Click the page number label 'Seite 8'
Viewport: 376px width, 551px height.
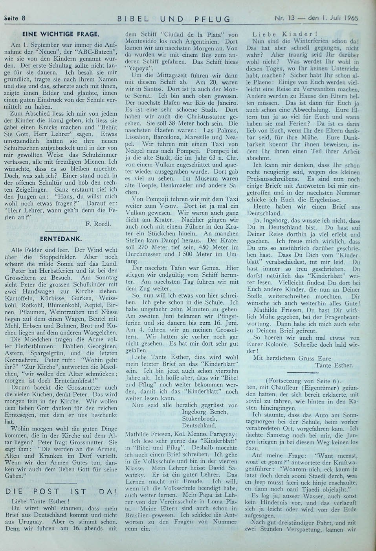pos(15,18)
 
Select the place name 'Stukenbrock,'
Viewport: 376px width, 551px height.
pos(200,419)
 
